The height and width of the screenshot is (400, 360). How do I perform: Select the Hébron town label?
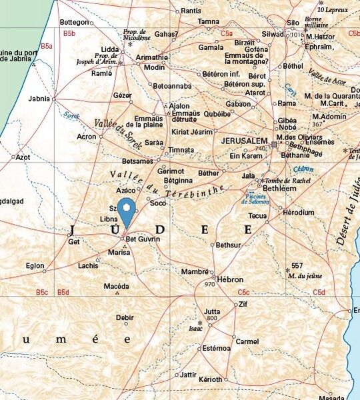coord(230,279)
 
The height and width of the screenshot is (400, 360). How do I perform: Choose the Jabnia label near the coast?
coord(39,99)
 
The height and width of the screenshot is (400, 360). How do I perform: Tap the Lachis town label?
coord(87,265)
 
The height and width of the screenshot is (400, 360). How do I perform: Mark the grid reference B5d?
coord(63,292)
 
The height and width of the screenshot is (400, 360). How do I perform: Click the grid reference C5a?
coord(227,33)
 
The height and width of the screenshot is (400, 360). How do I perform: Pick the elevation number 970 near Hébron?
coord(210,285)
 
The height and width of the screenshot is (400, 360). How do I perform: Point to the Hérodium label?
coord(298,213)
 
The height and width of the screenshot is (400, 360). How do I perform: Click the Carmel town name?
coord(247,341)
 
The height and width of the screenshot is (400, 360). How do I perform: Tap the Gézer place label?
coord(122,95)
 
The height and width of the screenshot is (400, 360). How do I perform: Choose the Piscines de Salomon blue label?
coord(257,199)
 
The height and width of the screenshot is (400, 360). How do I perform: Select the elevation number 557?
coord(297,265)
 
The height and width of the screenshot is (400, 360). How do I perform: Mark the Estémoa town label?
coord(216,348)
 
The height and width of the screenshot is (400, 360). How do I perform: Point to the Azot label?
coord(23,157)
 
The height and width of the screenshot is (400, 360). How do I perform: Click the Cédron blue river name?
coord(303,169)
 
